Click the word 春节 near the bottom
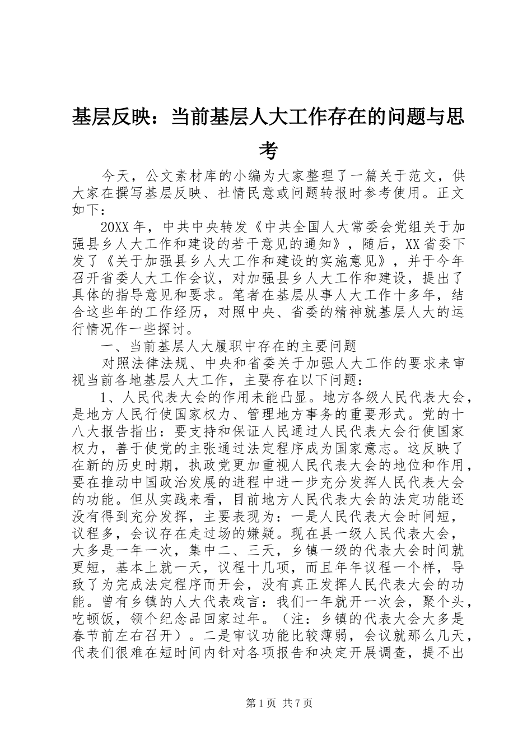click(87, 637)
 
